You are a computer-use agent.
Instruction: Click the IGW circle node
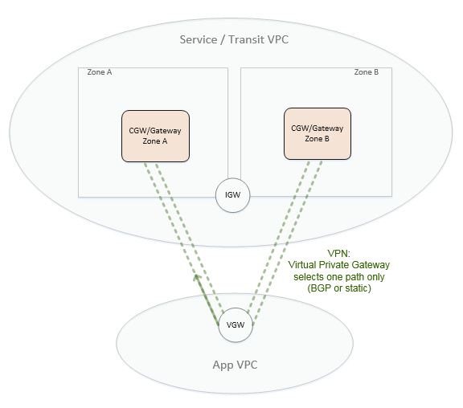coord(234,195)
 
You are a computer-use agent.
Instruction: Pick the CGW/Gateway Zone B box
coord(317,133)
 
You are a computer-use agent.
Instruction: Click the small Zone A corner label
coord(100,72)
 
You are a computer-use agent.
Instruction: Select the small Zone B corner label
coord(366,72)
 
